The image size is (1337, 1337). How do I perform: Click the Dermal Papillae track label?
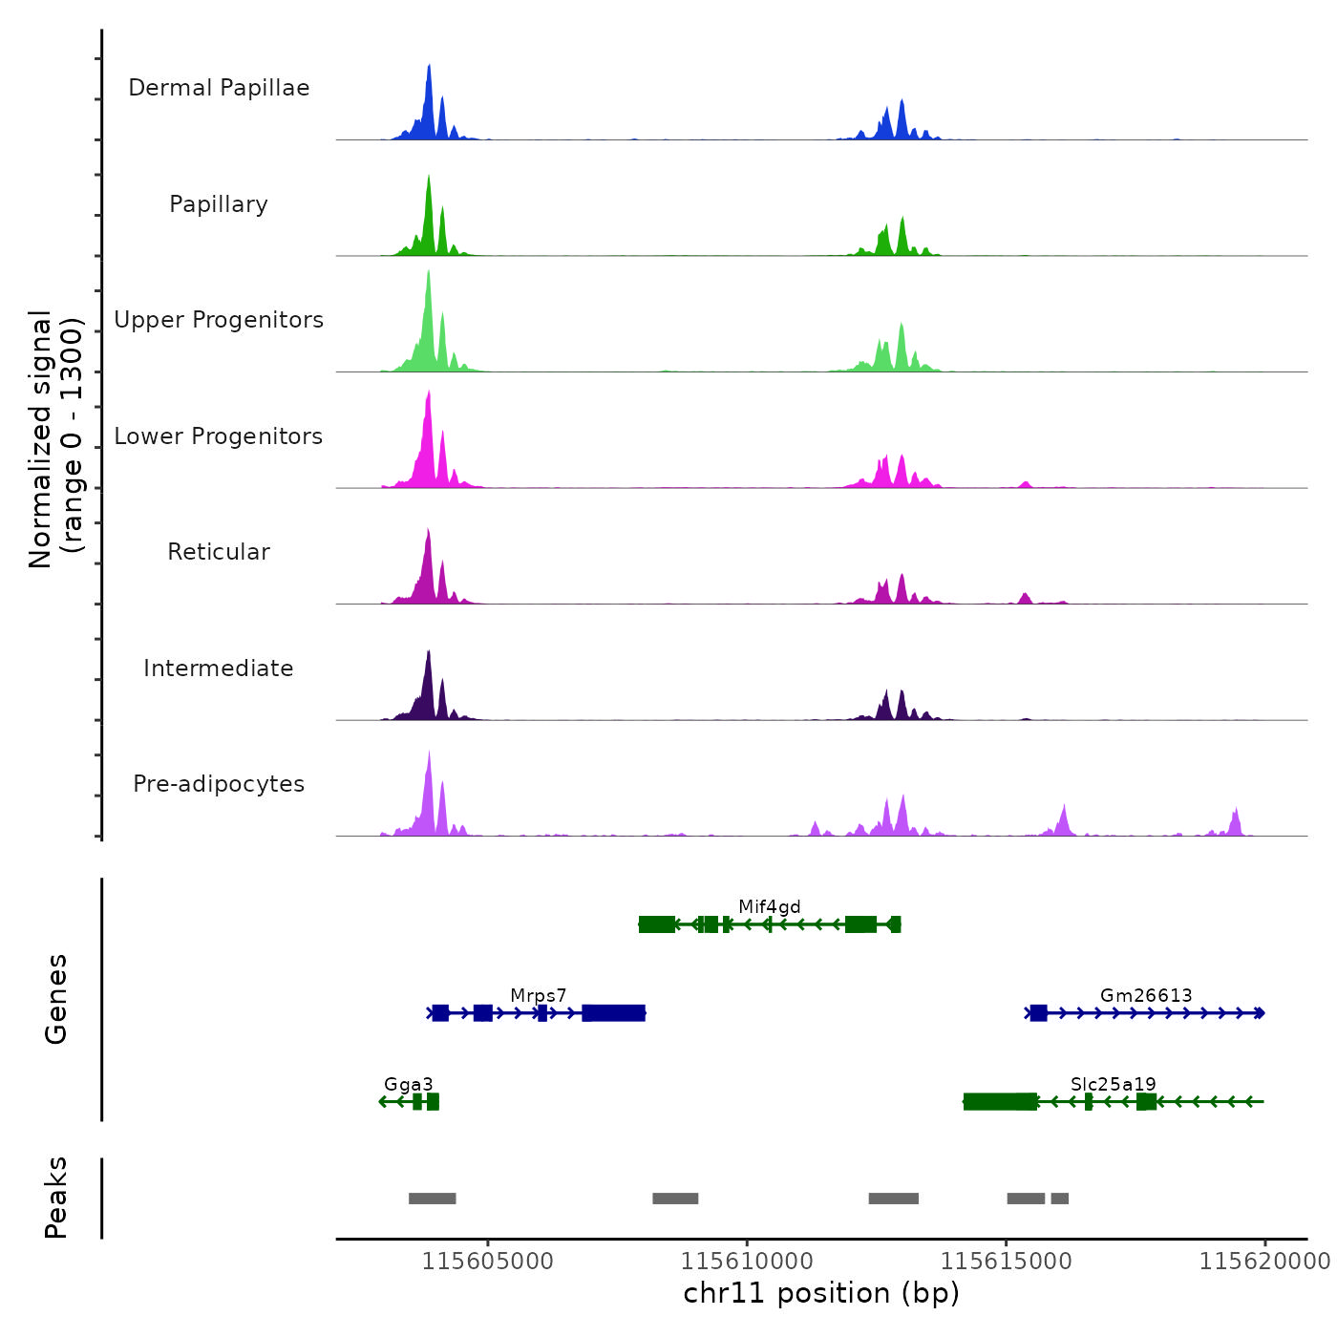219,88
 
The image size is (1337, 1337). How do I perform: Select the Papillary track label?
219,204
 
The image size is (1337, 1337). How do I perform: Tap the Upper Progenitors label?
219,320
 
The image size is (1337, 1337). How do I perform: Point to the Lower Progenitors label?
219,436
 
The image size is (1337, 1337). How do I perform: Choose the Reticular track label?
219,552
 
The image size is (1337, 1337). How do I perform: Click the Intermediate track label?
219,668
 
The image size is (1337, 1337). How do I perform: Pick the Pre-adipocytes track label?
219,784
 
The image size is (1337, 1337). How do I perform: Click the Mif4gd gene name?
769,906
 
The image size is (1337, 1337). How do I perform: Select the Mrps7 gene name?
539,995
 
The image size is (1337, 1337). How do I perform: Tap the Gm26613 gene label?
1146,995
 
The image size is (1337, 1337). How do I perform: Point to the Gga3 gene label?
408,1084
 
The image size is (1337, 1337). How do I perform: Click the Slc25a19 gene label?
1113,1084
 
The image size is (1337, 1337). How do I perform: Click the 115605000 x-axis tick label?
487,1261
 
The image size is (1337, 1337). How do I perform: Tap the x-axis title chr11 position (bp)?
821,1293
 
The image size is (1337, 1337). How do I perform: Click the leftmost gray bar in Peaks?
432,1199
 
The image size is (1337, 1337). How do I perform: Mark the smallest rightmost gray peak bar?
1059,1199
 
